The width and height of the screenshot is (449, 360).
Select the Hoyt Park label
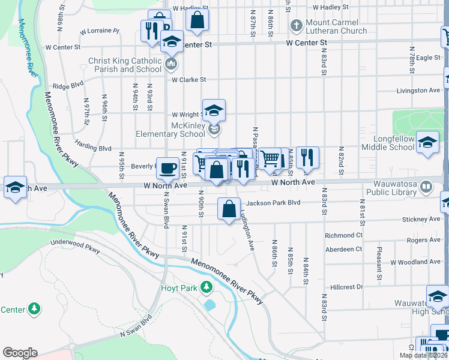pos(179,288)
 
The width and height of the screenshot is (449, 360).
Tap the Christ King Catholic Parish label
pos(124,65)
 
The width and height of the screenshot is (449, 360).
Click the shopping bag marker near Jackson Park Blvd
pos(229,209)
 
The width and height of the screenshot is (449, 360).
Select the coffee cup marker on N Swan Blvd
pos(167,168)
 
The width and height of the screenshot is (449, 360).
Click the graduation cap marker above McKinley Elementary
pos(214,110)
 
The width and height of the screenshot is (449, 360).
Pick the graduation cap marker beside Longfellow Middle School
pos(427,143)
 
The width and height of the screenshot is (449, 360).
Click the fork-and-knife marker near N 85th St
pos(307,157)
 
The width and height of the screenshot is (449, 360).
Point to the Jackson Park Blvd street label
pos(273,203)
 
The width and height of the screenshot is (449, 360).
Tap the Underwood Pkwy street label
pos(84,246)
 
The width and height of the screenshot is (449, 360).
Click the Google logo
pos(20,353)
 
